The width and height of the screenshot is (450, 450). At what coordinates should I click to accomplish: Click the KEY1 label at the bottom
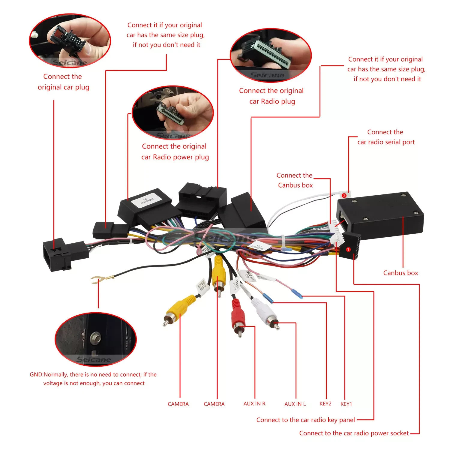tap(346, 404)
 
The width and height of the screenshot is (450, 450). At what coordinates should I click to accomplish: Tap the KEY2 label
tap(325, 403)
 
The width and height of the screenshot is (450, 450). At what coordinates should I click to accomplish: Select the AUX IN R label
tap(254, 403)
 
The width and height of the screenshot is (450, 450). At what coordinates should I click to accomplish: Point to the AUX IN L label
tap(295, 404)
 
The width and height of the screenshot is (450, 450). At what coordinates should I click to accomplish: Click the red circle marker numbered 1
tap(348, 249)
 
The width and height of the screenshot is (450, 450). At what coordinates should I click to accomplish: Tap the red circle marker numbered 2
tap(344, 196)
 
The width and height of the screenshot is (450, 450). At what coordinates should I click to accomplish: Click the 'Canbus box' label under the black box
tap(400, 273)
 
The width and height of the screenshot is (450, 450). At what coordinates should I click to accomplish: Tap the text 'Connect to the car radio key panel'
tap(305, 420)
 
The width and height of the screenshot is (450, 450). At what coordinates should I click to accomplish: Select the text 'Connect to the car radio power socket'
tap(354, 433)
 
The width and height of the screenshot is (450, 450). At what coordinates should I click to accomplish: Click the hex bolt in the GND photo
tap(95, 337)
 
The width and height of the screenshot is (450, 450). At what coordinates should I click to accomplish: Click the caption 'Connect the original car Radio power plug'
tap(175, 152)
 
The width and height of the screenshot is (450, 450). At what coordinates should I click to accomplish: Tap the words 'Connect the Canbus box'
tap(295, 180)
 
